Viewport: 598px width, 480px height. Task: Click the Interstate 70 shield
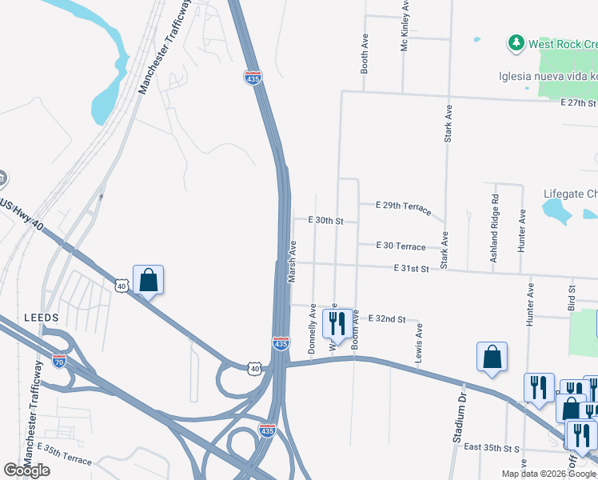coord(59,361)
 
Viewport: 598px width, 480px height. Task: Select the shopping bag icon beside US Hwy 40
coord(148,280)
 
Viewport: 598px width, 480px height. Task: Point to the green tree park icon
coord(516,42)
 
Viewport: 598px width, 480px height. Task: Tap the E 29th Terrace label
coord(404,208)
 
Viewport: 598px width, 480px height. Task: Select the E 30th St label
coord(325,220)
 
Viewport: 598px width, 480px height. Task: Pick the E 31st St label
coord(413,270)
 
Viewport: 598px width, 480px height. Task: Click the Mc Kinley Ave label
coord(405,27)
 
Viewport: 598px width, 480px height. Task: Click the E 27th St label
coord(578,103)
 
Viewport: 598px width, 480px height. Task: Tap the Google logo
coord(26,470)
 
